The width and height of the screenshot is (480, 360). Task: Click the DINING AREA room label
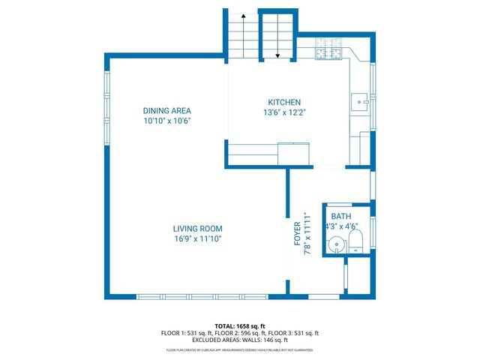(x=167, y=110)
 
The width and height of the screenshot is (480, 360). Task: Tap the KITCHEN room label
(x=284, y=103)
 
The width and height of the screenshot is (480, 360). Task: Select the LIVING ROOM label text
(x=197, y=229)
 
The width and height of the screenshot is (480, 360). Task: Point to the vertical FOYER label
(x=298, y=234)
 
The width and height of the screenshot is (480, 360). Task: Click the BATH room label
(x=341, y=216)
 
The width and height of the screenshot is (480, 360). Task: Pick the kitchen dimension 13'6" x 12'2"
(x=284, y=113)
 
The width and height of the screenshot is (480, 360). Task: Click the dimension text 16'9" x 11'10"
(x=197, y=239)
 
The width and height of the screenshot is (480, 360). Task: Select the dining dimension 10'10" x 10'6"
(x=167, y=121)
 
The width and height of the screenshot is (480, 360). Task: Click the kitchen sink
(x=360, y=100)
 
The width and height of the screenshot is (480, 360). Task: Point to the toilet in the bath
(x=355, y=241)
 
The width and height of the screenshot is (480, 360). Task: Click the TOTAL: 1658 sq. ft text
(x=239, y=326)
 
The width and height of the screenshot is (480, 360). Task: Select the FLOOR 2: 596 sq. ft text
(x=239, y=333)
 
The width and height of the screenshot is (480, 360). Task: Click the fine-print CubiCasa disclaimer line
(x=239, y=350)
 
